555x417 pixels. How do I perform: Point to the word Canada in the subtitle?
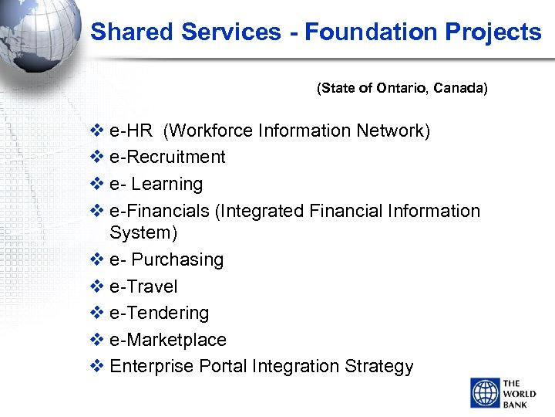(x=460, y=88)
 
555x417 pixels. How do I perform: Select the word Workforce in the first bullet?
(x=207, y=131)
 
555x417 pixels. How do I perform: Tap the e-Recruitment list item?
(x=167, y=157)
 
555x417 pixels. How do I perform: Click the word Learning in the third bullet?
(x=167, y=184)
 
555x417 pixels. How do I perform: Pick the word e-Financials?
(x=160, y=211)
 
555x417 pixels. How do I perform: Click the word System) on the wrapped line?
(x=143, y=232)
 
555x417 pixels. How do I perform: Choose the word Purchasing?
(x=177, y=259)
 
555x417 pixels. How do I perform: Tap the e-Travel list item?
(x=143, y=286)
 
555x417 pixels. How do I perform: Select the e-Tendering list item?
(x=159, y=313)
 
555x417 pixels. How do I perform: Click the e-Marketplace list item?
(x=168, y=340)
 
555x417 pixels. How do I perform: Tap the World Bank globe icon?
(x=484, y=392)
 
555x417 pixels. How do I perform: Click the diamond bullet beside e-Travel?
(x=98, y=286)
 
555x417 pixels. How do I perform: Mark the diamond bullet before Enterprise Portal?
(x=98, y=366)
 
